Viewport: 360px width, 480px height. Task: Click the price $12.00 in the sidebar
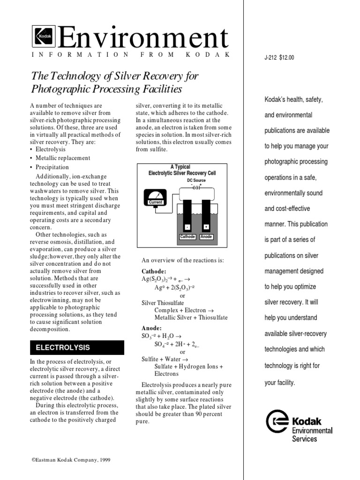click(x=286, y=58)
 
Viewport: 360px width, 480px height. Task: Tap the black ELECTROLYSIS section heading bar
click(x=77, y=348)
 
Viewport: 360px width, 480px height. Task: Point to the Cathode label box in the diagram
click(x=187, y=237)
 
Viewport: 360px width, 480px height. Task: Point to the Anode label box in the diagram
click(x=206, y=237)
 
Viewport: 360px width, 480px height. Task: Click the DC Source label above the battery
click(x=196, y=180)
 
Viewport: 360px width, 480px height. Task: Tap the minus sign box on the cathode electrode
click(x=187, y=227)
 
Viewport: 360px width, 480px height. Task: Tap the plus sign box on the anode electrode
click(x=206, y=227)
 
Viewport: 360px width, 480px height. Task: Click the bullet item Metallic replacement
click(x=63, y=158)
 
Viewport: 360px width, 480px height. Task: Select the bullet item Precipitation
click(x=52, y=167)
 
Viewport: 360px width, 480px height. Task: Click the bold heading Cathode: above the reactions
click(x=154, y=271)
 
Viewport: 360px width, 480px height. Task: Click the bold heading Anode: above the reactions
click(x=151, y=328)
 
